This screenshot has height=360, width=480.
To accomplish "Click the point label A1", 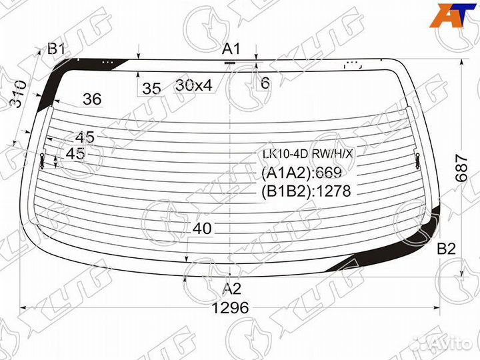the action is pyautogui.click(x=231, y=49).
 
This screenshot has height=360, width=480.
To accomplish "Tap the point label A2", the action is pyautogui.click(x=232, y=289).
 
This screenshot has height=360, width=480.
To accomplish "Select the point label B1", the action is pyautogui.click(x=56, y=49).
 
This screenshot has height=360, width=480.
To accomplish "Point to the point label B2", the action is pyautogui.click(x=446, y=249).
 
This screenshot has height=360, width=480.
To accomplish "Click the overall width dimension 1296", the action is pyautogui.click(x=230, y=307).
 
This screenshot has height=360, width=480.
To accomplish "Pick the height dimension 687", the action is pyautogui.click(x=461, y=168).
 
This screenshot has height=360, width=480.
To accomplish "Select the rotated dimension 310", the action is pyautogui.click(x=19, y=94).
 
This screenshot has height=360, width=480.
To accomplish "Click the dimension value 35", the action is pyautogui.click(x=151, y=89).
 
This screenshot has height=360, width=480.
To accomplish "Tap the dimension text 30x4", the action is pyautogui.click(x=194, y=85).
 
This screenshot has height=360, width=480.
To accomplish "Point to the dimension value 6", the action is pyautogui.click(x=265, y=83).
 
